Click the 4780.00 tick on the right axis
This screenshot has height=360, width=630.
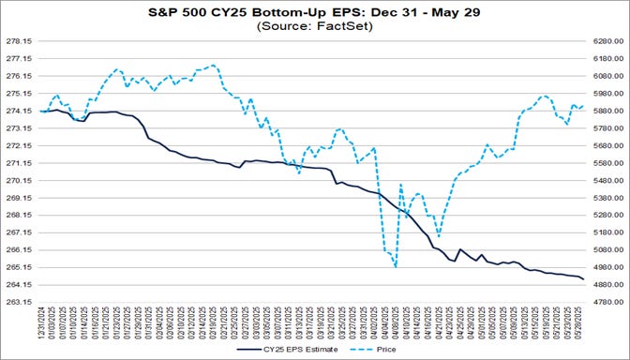607,302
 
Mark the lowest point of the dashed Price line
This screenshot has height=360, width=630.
396,267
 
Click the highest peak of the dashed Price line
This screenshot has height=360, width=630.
214,65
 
